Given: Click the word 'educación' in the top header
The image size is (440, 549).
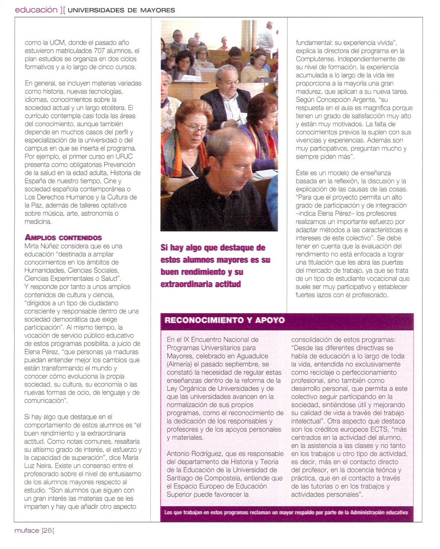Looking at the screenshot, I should click(36, 9).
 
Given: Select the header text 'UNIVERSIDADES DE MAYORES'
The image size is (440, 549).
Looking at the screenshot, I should click(121, 10).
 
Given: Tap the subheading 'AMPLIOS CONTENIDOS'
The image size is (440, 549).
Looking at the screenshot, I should click(63, 238).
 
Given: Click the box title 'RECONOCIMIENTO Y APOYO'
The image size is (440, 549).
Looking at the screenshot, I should click(224, 320).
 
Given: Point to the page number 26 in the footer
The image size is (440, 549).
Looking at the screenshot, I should click(47, 531).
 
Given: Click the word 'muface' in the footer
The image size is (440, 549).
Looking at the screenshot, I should click(27, 531).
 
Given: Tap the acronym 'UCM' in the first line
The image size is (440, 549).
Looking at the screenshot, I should click(57, 42).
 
